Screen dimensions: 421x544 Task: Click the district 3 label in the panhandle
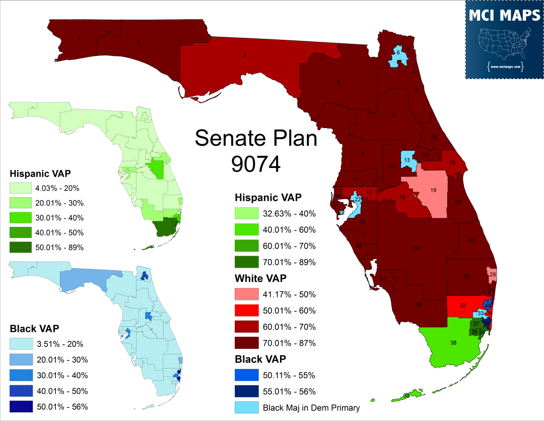244,55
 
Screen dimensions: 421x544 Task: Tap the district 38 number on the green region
453,343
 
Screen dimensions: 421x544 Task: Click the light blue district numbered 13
407,160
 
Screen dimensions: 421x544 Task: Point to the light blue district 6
398,53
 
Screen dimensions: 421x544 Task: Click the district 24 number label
416,249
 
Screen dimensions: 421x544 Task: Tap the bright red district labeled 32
462,306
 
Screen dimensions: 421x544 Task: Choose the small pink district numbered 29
493,274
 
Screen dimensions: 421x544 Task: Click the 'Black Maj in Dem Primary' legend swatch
247,407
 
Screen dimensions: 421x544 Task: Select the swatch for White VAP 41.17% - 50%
247,294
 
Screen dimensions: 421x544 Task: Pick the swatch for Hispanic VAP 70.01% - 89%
247,262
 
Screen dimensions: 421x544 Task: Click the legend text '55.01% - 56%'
289,391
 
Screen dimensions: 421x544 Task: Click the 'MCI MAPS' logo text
504,16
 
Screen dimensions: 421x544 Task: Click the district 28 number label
419,304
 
